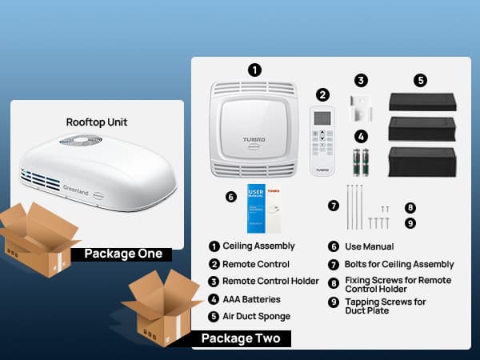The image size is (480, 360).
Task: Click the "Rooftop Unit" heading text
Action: (97, 122)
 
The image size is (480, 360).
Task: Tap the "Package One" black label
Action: (122, 254)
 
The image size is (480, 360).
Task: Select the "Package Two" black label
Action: (240, 338)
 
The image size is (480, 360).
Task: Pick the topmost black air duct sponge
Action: (422, 102)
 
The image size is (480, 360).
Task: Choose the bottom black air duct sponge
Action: (422, 162)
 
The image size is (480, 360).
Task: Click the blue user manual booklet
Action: (257, 208)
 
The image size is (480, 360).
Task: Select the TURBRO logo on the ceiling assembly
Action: (254, 140)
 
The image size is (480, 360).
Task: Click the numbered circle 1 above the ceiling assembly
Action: (254, 70)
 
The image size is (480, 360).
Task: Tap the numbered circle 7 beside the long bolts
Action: (334, 205)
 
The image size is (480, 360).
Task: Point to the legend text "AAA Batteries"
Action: (251, 299)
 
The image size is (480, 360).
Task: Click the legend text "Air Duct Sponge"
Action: (256, 317)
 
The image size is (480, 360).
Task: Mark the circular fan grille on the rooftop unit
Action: (80, 142)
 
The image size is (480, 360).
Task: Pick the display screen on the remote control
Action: (322, 118)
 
